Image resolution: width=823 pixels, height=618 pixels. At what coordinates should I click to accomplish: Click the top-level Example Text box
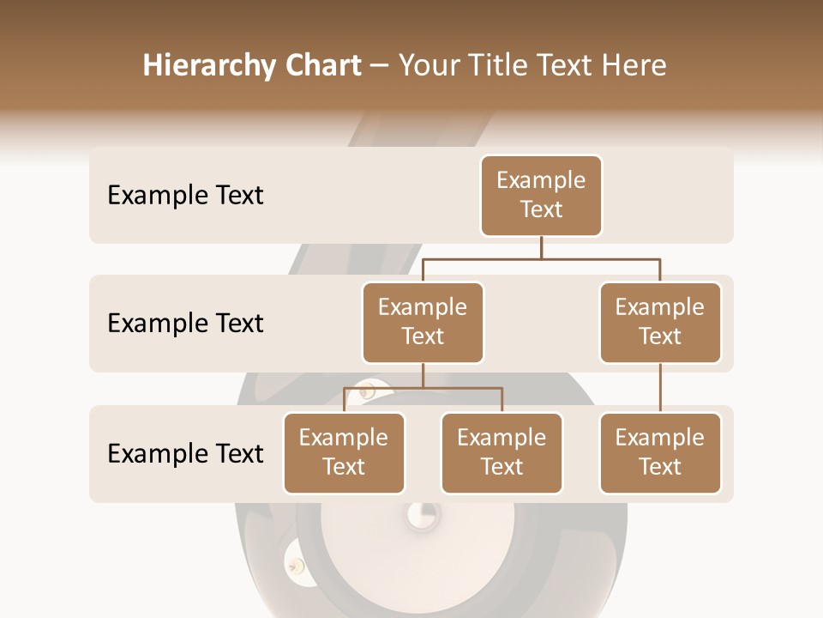(541, 195)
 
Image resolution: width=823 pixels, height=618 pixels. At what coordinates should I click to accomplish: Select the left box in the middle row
(423, 322)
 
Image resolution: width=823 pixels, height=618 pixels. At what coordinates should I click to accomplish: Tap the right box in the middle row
(660, 322)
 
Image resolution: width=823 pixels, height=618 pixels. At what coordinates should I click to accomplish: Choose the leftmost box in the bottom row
(344, 452)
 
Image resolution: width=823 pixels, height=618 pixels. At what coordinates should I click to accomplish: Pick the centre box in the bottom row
(502, 452)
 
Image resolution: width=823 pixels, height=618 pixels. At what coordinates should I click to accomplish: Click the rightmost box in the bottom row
(660, 452)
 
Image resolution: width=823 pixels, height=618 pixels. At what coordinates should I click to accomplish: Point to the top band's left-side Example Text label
(185, 196)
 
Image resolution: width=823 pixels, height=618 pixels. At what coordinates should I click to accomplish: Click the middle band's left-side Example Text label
(185, 324)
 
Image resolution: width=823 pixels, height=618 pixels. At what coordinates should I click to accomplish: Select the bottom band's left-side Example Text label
(185, 453)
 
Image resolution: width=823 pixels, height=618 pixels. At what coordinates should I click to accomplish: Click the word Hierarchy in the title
(208, 66)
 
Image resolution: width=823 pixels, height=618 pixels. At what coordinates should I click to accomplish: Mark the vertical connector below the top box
(541, 247)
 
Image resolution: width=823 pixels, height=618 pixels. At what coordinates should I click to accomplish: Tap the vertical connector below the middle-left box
(423, 375)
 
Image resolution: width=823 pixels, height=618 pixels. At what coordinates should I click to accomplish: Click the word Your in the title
(431, 65)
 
